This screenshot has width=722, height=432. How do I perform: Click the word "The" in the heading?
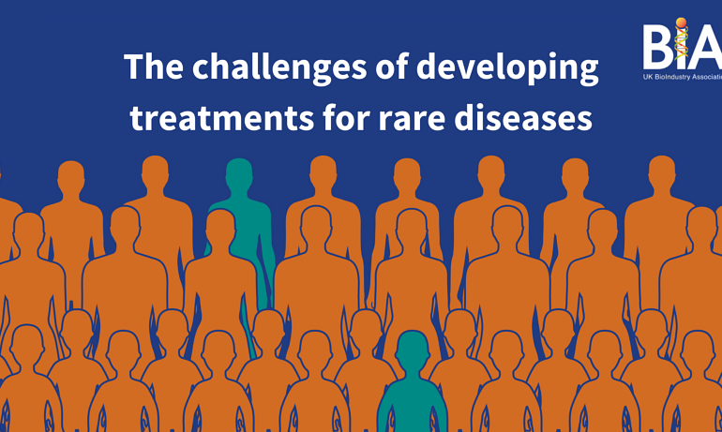(154, 67)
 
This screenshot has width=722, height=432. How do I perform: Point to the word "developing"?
(507, 69)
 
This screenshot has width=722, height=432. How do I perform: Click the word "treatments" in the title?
(222, 117)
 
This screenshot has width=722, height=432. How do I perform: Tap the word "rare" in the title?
(413, 121)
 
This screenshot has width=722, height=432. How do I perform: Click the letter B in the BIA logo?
(657, 47)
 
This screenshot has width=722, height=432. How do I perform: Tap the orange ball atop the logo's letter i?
(681, 22)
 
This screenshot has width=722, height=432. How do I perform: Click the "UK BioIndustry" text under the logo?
(667, 77)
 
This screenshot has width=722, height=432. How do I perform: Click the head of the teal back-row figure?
(239, 175)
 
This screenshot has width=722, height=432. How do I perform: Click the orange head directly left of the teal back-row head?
(155, 173)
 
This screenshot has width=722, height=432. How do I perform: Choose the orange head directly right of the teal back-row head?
(323, 173)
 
